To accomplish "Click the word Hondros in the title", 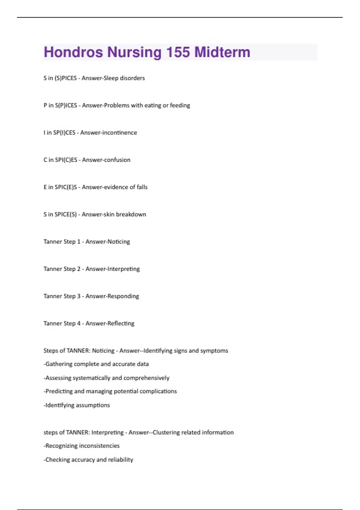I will [x=73, y=52].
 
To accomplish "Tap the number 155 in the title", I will [x=178, y=52].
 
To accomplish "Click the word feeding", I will [x=180, y=105].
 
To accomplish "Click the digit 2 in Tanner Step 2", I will [x=79, y=269].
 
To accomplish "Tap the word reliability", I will [x=121, y=460].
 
